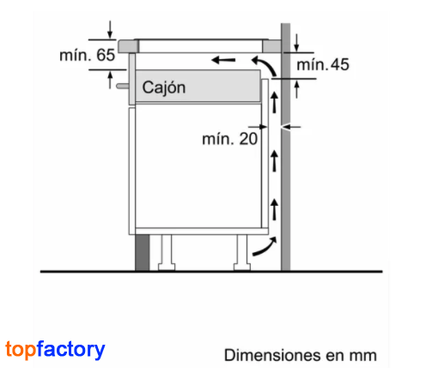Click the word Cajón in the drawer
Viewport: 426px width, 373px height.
pyautogui.click(x=164, y=87)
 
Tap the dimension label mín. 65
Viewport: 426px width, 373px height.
pyautogui.click(x=87, y=55)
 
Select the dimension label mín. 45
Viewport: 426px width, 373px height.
pyautogui.click(x=323, y=64)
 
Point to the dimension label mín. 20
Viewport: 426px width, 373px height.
pyautogui.click(x=229, y=139)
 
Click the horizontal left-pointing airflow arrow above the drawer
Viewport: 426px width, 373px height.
pyautogui.click(x=223, y=60)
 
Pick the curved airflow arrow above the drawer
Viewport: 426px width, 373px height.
pyautogui.click(x=265, y=65)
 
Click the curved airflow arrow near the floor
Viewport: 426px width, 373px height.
pyautogui.click(x=265, y=246)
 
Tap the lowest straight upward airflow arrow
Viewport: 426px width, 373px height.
pyautogui.click(x=275, y=209)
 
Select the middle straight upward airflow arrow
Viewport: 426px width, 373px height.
pyautogui.click(x=275, y=161)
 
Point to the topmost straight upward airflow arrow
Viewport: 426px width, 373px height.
pyautogui.click(x=275, y=102)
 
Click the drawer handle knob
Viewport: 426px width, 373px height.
pyautogui.click(x=123, y=86)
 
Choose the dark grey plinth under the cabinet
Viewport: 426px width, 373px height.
pyautogui.click(x=143, y=252)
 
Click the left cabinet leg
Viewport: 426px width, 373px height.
pyautogui.click(x=167, y=252)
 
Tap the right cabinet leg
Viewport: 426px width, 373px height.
pyautogui.click(x=242, y=252)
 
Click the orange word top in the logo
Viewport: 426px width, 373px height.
pyautogui.click(x=21, y=349)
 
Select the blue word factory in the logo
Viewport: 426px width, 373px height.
pyautogui.click(x=70, y=349)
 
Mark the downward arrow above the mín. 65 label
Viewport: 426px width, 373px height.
pyautogui.click(x=110, y=29)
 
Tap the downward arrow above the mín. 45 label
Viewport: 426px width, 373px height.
pyautogui.click(x=296, y=43)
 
